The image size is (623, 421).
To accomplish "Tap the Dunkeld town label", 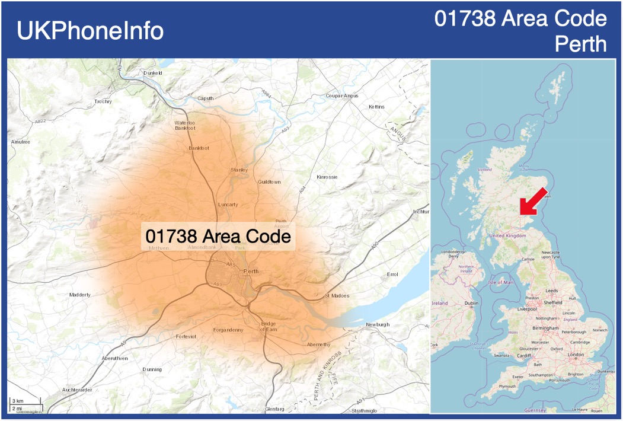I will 153,73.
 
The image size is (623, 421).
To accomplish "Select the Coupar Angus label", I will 343,95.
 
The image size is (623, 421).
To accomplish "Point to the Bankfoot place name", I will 199,148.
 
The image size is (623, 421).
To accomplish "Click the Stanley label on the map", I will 239,170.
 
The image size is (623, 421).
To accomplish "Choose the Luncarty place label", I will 228,205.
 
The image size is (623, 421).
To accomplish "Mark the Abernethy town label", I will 319,345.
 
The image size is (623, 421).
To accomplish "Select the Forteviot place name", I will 186,336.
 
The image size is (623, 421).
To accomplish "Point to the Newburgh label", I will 378,324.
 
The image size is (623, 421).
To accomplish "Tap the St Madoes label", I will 337,295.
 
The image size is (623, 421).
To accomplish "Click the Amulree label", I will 20,142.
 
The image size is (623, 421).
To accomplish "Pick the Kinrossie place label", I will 327,177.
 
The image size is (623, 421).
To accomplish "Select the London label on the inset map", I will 576,355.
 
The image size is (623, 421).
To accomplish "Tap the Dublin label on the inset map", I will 472,303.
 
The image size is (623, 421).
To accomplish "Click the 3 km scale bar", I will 19,401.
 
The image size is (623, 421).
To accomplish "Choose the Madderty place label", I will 80,295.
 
